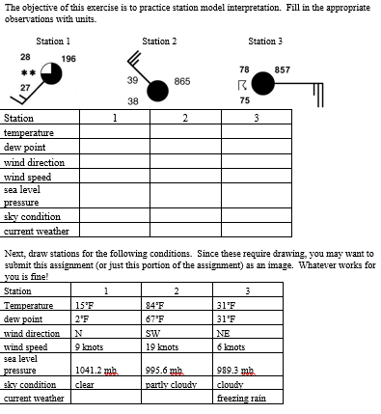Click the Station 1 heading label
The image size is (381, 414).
(x=52, y=41)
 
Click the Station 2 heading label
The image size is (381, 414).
(x=159, y=41)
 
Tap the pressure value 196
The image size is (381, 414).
(x=68, y=60)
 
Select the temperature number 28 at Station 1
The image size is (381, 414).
(x=24, y=56)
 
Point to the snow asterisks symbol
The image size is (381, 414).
(x=29, y=72)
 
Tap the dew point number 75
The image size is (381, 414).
(x=245, y=100)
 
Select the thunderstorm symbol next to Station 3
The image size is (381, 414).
(x=245, y=86)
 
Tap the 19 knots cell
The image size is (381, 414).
(x=160, y=345)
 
